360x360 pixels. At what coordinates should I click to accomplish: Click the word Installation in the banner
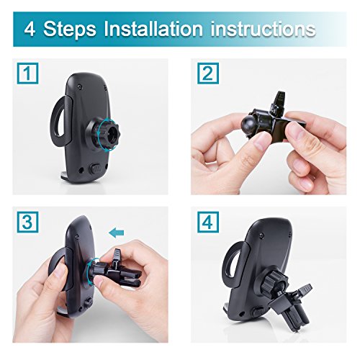pyautogui.click(x=153, y=29)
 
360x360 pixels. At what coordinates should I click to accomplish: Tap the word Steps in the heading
pyautogui.click(x=69, y=30)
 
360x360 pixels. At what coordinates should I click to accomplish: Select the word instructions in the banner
pyautogui.click(x=263, y=30)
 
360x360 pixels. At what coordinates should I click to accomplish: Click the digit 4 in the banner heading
pyautogui.click(x=30, y=30)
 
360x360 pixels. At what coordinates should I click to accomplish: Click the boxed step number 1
pyautogui.click(x=27, y=73)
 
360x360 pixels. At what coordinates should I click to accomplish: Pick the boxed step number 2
pyautogui.click(x=208, y=73)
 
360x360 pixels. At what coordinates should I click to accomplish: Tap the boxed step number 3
pyautogui.click(x=27, y=222)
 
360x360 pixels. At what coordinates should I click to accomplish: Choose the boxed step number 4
pyautogui.click(x=208, y=222)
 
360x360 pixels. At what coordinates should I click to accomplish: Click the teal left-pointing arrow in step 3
pyautogui.click(x=117, y=233)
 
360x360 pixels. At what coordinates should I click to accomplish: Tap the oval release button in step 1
pyautogui.click(x=96, y=168)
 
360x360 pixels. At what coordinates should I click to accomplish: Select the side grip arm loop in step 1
pyautogui.click(x=61, y=120)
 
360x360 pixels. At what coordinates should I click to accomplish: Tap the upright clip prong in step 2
pyautogui.click(x=279, y=102)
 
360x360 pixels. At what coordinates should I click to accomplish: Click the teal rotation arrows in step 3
pyautogui.click(x=92, y=271)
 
